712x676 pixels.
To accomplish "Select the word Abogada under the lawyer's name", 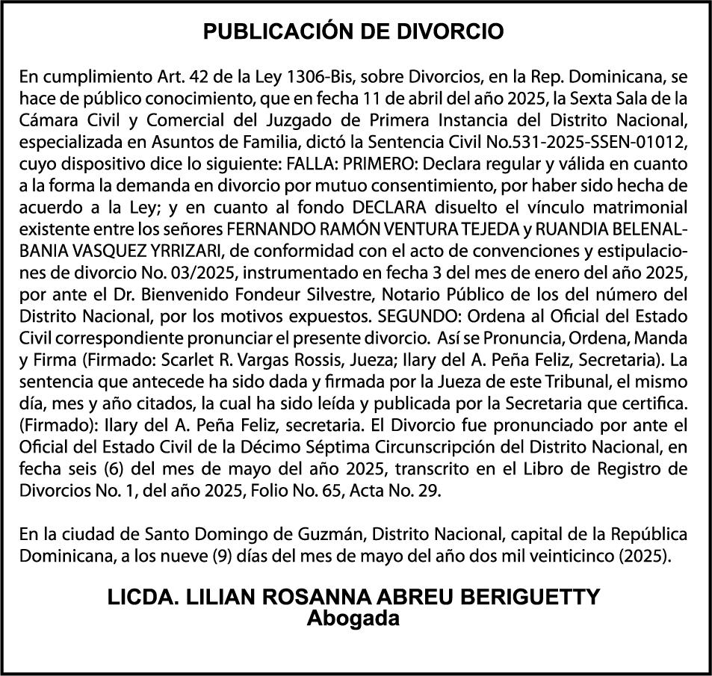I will point(354,618).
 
